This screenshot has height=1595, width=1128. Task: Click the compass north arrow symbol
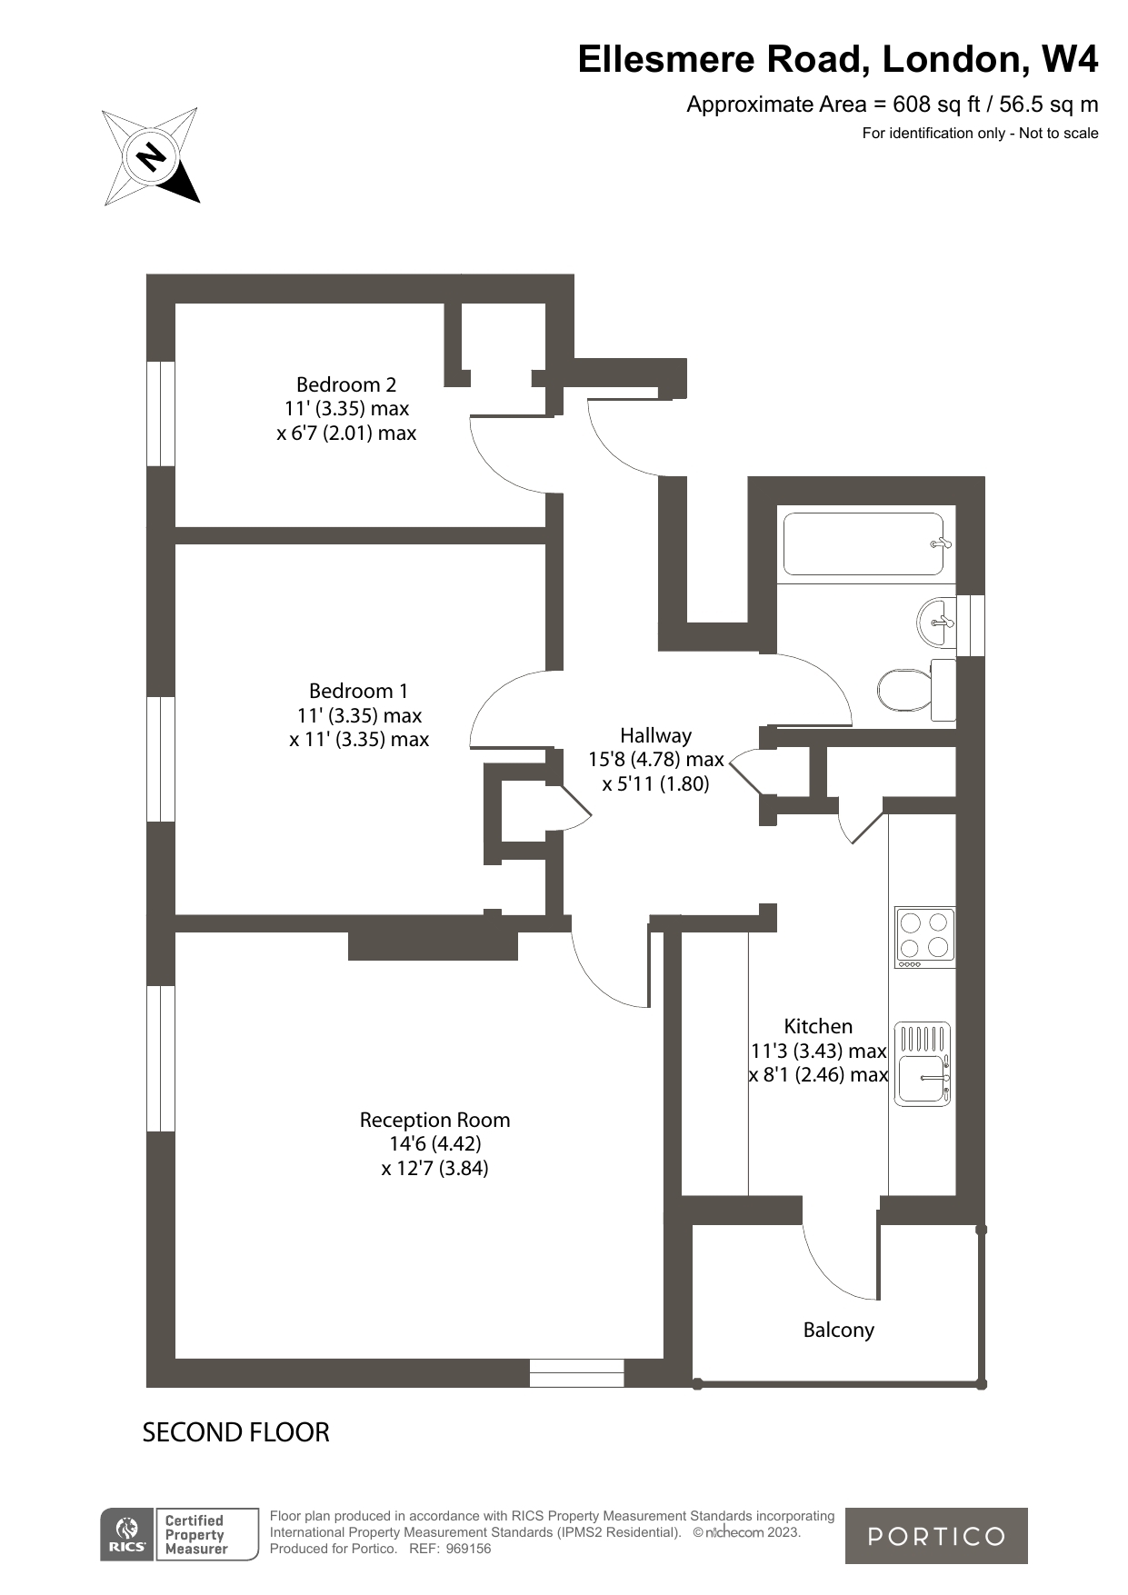click(151, 156)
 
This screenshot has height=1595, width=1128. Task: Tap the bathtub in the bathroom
click(863, 544)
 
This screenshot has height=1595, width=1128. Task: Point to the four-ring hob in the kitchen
click(924, 936)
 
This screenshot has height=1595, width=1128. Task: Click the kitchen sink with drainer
click(923, 1063)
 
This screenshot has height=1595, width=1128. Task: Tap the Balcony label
click(838, 1330)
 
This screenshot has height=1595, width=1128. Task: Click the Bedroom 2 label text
click(346, 384)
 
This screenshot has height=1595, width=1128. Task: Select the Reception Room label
click(434, 1120)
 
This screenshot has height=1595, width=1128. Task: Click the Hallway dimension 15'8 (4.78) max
click(655, 759)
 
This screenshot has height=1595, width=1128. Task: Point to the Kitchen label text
click(818, 1026)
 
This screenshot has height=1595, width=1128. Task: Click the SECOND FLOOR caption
click(235, 1432)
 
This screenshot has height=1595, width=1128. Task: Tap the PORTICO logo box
click(936, 1536)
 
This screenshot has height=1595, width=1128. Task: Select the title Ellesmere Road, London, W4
click(837, 59)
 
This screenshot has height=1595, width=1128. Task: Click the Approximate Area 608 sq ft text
click(892, 105)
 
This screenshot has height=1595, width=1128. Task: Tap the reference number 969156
click(470, 1549)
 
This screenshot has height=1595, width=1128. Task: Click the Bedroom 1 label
click(358, 691)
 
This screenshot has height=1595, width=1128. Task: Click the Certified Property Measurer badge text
click(195, 1535)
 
